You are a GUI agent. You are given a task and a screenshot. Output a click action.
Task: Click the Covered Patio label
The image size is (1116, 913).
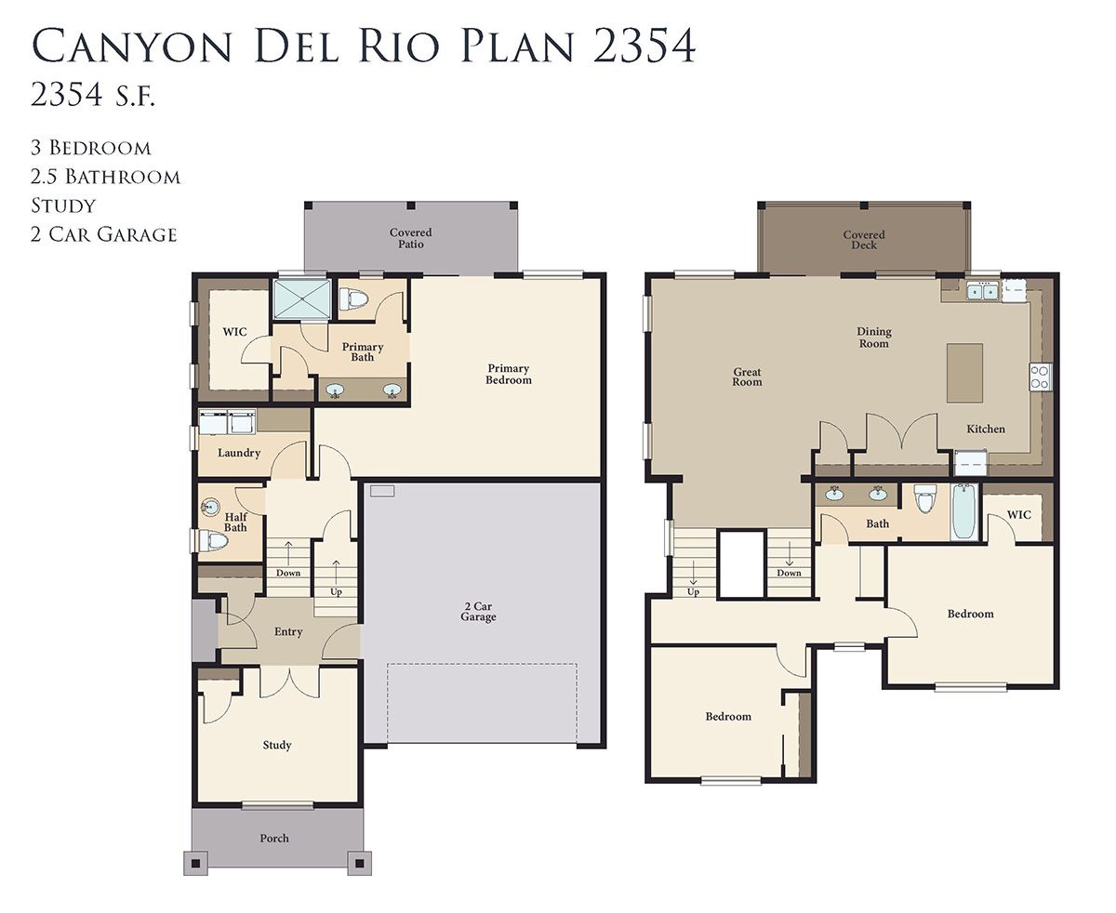pos(411,238)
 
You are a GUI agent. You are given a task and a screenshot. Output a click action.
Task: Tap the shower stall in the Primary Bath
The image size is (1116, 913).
pos(302,299)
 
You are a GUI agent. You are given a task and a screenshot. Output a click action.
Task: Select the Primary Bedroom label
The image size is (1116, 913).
pos(509,374)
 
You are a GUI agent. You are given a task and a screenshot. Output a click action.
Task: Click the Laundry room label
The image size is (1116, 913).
pos(239,453)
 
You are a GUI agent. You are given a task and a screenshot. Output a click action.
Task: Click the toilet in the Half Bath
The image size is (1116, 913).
pos(214,540)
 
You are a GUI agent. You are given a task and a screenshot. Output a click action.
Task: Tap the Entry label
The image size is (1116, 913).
pos(288,631)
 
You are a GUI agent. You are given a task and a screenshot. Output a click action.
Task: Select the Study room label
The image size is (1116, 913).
pos(277,746)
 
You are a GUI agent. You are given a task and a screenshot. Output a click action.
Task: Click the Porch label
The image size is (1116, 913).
pos(274,839)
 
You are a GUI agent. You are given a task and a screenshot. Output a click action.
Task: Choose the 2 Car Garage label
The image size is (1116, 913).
pos(478,612)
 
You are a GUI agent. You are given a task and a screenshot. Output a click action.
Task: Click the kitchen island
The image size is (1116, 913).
pos(964,373)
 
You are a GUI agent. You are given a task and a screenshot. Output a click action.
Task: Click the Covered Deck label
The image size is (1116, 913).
pos(864,240)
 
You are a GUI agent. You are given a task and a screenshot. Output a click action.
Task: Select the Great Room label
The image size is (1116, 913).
pos(747,377)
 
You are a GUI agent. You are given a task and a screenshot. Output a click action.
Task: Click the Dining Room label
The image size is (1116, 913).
pos(874,337)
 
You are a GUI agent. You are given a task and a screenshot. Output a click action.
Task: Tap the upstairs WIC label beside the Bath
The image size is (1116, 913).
pos(1018,515)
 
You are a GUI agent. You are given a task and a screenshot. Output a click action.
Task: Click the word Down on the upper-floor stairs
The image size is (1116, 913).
pos(789,573)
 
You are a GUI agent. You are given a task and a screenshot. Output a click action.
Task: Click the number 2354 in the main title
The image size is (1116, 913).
pos(644,46)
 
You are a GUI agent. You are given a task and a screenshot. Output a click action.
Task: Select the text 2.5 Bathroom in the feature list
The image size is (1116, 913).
pos(105,177)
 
